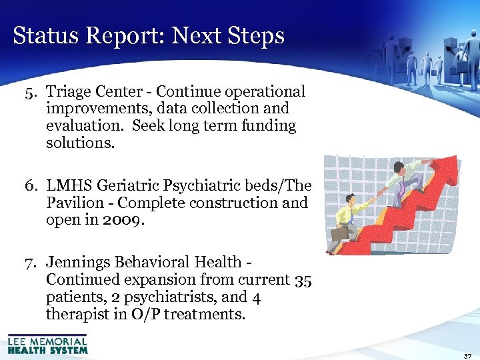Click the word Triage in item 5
69,91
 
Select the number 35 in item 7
303,280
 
